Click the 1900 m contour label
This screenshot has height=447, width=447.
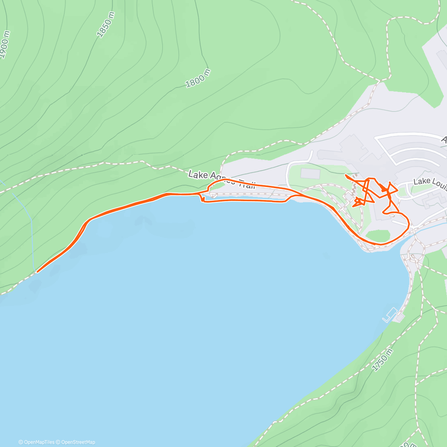(4, 44)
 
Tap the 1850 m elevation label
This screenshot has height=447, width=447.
(105, 25)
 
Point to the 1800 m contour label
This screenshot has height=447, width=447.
(198, 79)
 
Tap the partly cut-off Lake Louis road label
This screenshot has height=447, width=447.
(430, 181)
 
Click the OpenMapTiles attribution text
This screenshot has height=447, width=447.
(37, 442)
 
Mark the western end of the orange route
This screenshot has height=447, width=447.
(37, 272)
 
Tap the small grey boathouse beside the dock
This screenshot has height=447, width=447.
(400, 317)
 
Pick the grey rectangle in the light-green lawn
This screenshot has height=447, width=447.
(310, 173)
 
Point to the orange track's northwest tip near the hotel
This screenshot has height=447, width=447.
(346, 175)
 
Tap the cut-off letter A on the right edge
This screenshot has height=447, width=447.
(444, 140)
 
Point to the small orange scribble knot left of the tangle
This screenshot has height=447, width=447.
(358, 202)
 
